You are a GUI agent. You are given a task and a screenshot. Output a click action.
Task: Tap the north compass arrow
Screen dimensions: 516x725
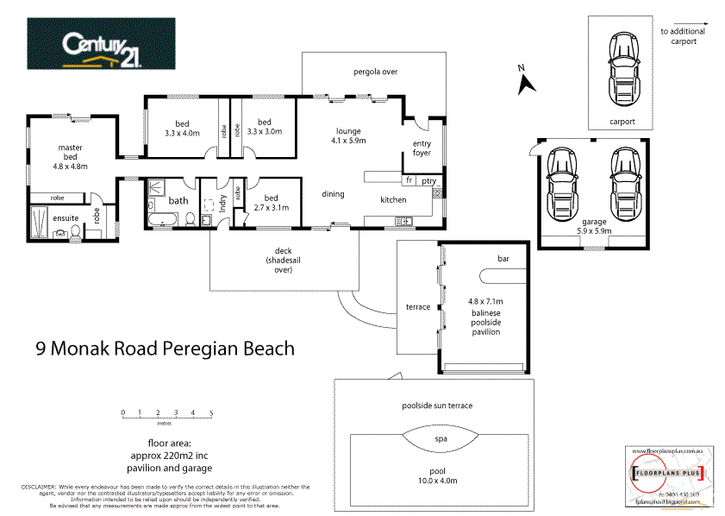(525, 82)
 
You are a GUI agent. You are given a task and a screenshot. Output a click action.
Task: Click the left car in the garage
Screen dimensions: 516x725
(562, 182)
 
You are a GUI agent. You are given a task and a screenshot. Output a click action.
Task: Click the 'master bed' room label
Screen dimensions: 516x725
(71, 154)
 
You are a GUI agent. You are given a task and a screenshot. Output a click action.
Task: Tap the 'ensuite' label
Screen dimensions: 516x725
(65, 218)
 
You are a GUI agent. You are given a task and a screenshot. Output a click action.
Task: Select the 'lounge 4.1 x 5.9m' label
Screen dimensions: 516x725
(350, 135)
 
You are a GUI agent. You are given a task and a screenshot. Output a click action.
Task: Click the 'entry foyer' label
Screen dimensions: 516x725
(422, 148)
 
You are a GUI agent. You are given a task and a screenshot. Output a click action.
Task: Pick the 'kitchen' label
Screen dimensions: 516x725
(393, 199)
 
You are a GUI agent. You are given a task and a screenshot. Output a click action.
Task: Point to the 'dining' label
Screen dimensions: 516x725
(334, 194)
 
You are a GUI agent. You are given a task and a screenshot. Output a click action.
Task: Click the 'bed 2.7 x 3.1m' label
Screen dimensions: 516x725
(271, 203)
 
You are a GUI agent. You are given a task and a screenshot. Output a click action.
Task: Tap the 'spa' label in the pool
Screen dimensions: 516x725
(441, 439)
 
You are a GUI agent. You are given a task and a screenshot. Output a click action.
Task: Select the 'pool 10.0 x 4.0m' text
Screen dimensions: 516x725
(438, 476)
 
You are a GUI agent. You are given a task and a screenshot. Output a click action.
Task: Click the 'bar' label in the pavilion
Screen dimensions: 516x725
(503, 259)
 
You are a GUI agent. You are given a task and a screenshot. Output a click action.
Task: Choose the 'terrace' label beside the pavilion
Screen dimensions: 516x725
(418, 307)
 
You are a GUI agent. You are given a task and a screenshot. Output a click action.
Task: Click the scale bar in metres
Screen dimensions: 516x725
(167, 416)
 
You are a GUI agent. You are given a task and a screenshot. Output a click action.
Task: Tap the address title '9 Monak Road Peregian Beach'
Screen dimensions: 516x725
(165, 349)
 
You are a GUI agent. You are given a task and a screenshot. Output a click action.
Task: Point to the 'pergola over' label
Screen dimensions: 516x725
(375, 72)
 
